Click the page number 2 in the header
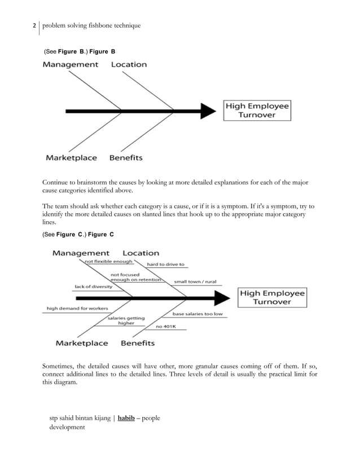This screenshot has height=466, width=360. (34, 26)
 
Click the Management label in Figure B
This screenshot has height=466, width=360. (71, 65)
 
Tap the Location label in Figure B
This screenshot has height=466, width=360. (129, 65)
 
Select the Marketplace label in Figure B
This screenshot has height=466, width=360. (71, 158)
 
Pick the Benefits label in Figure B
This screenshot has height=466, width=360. (126, 158)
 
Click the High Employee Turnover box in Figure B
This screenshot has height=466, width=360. (257, 110)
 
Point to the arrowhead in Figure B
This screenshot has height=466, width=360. (208, 110)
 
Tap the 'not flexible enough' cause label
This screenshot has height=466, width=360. (108, 262)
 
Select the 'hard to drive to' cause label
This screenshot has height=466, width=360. (166, 264)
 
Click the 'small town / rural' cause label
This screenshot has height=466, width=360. (195, 282)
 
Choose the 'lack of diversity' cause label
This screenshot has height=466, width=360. (93, 287)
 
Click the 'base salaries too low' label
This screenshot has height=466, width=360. (197, 314)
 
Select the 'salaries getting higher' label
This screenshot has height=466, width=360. (126, 320)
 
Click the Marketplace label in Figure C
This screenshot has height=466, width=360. (82, 343)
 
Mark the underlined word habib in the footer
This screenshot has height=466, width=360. (126, 418)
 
